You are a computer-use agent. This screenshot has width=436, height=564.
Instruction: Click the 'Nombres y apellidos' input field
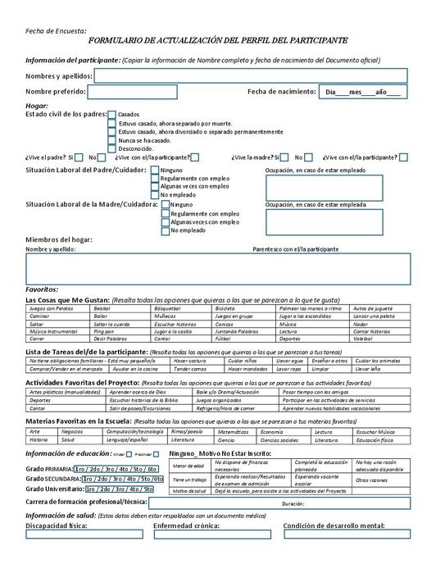[x=251, y=75]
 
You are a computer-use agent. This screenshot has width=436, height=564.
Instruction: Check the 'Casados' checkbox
[x=112, y=114]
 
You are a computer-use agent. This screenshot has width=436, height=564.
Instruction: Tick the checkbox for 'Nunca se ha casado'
[x=112, y=139]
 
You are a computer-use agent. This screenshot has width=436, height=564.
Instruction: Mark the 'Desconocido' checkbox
[x=112, y=148]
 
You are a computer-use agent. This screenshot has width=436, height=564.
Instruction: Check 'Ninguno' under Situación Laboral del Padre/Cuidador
[x=155, y=170]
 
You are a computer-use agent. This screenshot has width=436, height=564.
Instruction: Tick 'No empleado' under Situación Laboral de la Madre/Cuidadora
[x=166, y=230]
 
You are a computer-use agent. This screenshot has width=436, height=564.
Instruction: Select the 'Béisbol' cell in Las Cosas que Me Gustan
[x=121, y=307]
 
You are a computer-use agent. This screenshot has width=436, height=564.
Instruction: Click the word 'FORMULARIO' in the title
[x=120, y=39]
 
